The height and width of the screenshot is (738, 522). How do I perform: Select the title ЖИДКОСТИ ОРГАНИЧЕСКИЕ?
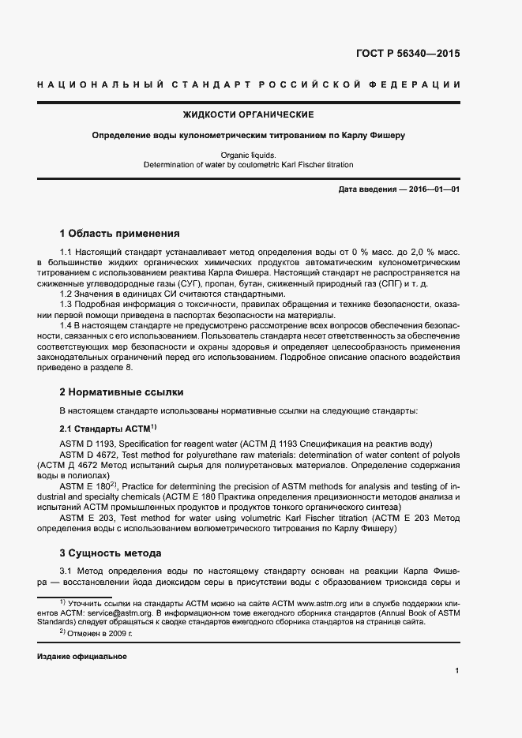(x=248, y=115)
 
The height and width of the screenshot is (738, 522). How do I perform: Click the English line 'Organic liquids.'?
(x=248, y=155)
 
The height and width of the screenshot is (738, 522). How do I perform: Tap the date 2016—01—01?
(x=433, y=191)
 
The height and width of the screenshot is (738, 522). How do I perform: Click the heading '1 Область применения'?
(x=120, y=234)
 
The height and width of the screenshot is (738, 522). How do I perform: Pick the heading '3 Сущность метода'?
(x=111, y=553)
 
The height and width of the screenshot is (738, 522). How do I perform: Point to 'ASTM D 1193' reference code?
(x=86, y=444)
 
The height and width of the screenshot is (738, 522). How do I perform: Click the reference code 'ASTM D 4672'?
(x=86, y=455)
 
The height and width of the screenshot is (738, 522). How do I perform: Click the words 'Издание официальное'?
(x=82, y=657)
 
